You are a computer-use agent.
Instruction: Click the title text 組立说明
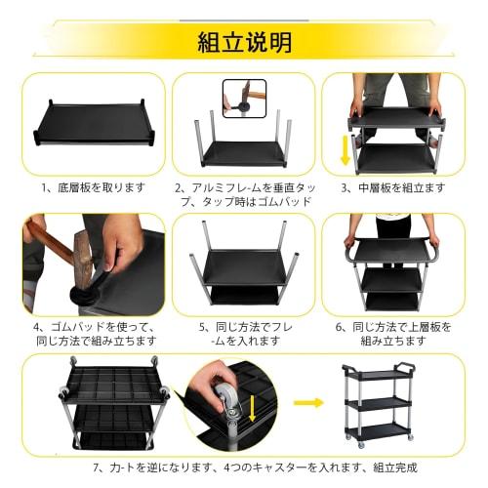(244, 42)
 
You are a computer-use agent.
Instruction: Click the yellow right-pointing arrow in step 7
(310, 401)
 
